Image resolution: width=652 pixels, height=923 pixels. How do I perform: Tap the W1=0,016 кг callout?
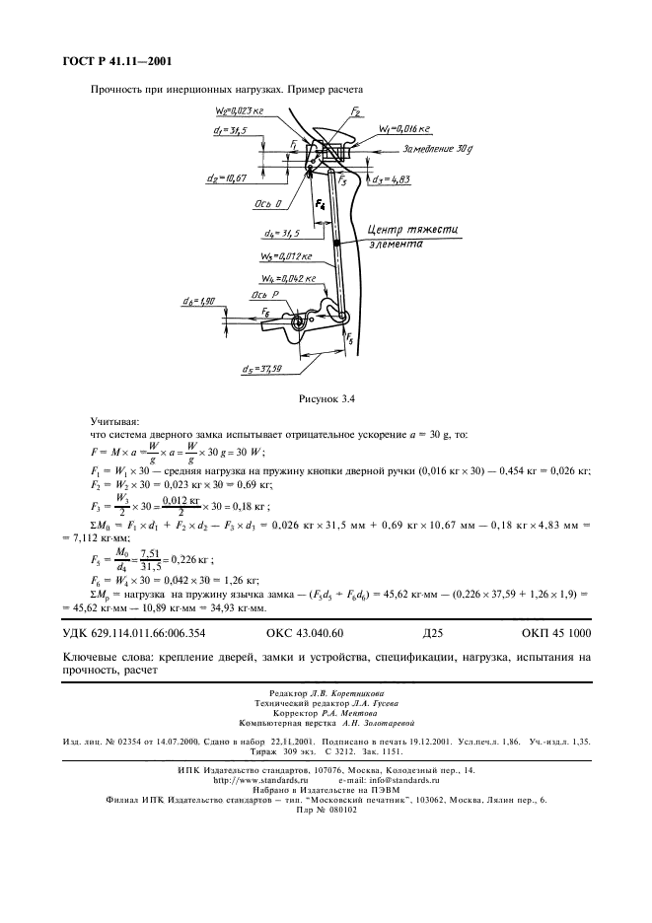[x=404, y=128]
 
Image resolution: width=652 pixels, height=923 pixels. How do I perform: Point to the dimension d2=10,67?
[x=229, y=177]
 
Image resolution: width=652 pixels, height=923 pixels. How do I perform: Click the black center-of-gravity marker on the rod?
[x=336, y=243]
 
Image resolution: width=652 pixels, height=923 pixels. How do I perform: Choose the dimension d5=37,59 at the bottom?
[x=261, y=369]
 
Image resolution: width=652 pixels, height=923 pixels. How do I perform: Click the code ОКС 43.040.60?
[x=305, y=632]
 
